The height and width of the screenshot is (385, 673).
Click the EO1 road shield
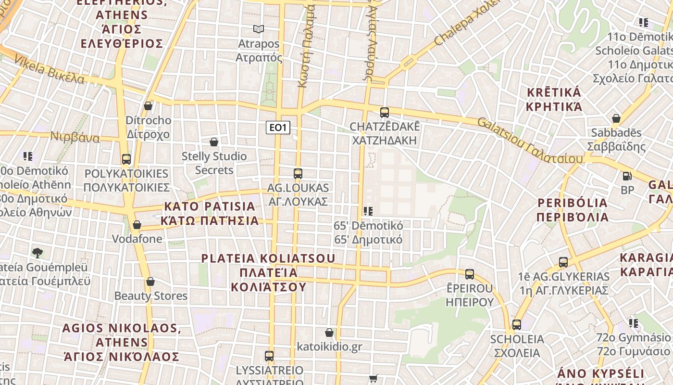point(278,128)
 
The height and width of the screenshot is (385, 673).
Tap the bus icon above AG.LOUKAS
point(298,174)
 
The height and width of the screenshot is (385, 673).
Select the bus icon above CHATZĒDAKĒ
point(385,113)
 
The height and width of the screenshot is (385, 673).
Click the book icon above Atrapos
point(259,29)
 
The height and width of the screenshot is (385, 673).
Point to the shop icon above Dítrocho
point(148,106)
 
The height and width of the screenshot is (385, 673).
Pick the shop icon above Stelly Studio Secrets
point(214,142)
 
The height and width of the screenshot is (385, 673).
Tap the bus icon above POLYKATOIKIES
point(126,159)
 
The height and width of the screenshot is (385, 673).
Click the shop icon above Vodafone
point(137,225)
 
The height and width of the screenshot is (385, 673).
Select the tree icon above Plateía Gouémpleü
point(37,253)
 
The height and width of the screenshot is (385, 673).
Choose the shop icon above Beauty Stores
point(150,282)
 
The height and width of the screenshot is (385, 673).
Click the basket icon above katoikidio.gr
point(329,333)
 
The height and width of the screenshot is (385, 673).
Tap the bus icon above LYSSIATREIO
point(269,356)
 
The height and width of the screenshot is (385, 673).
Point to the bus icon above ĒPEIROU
point(470,274)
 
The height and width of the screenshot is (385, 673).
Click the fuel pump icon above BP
point(627,176)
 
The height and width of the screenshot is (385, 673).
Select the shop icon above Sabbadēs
point(616,118)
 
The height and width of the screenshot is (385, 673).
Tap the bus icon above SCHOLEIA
point(517,325)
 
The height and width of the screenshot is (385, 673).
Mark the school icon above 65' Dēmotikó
point(368,211)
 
